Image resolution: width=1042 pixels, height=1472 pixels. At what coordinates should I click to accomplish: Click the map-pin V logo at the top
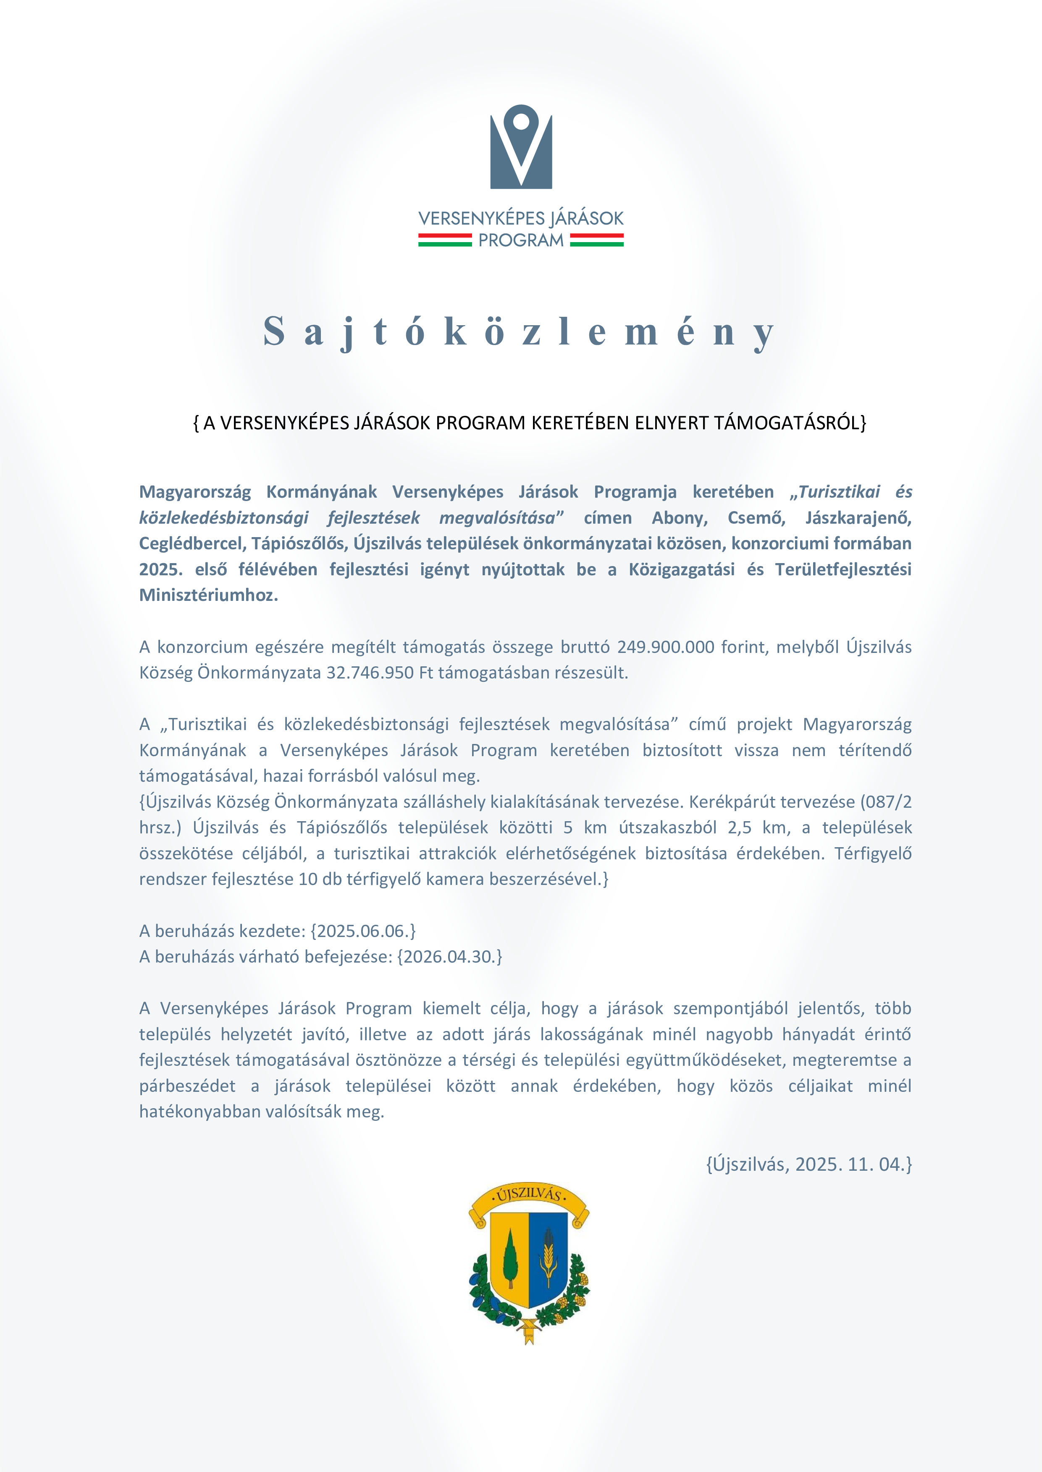pos(521,147)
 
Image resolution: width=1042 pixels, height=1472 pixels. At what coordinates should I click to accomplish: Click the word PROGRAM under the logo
pos(521,240)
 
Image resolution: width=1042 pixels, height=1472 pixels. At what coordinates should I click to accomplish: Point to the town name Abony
pos(680,518)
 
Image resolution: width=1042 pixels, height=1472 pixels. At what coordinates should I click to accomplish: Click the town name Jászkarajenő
pos(858,518)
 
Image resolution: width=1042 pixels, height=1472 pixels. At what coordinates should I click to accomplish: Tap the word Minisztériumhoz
pos(209,595)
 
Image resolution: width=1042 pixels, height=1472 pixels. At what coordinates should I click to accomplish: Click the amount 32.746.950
pos(370,673)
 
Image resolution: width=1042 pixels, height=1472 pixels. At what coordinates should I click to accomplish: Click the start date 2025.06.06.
pos(362,931)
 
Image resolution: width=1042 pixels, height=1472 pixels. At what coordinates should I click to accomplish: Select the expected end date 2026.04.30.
pos(449,957)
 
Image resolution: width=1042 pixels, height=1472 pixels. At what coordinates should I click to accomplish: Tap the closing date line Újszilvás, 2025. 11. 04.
pos(808,1164)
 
